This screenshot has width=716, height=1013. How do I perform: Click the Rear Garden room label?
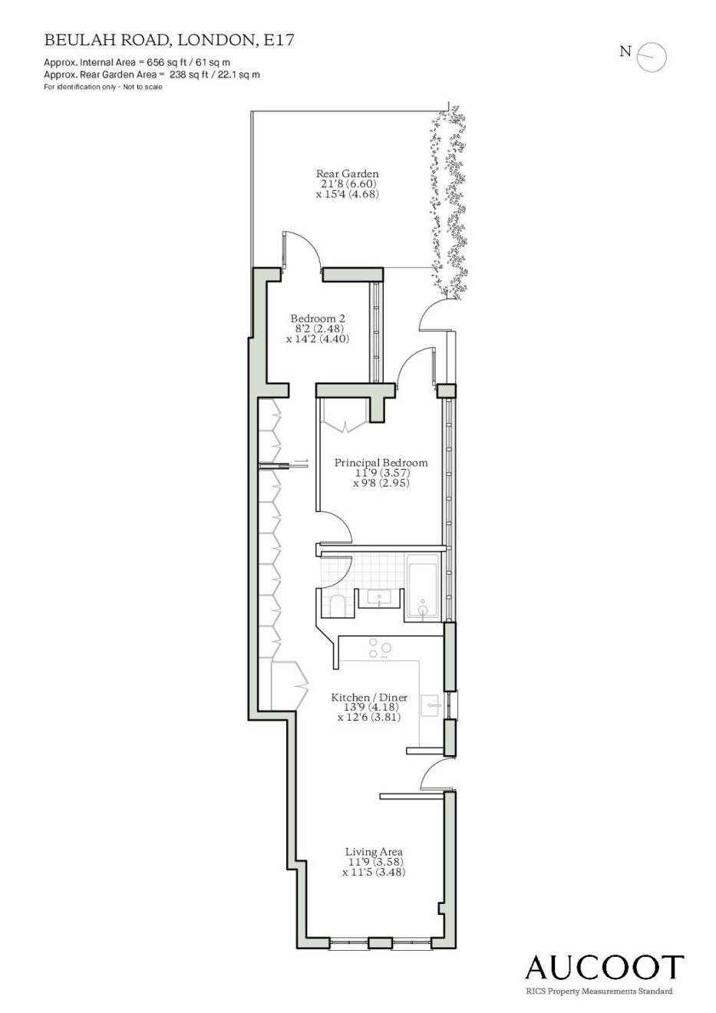click(347, 173)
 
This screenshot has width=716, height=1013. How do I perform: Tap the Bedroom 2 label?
click(318, 318)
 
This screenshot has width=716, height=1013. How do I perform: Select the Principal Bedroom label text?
click(381, 463)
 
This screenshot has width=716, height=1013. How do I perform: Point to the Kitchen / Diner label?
click(369, 698)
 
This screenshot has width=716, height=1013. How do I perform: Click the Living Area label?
click(374, 852)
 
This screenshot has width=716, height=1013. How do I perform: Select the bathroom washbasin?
click(379, 599)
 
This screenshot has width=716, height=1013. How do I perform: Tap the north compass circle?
click(652, 57)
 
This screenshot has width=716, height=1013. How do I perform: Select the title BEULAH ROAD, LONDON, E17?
click(169, 41)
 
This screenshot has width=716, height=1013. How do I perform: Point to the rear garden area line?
click(152, 74)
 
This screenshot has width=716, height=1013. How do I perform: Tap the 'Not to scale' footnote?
click(143, 87)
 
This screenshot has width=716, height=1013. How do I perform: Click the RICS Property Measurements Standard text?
click(599, 991)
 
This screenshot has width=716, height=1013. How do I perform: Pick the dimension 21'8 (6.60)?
click(347, 184)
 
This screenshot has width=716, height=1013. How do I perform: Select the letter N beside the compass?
click(625, 51)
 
